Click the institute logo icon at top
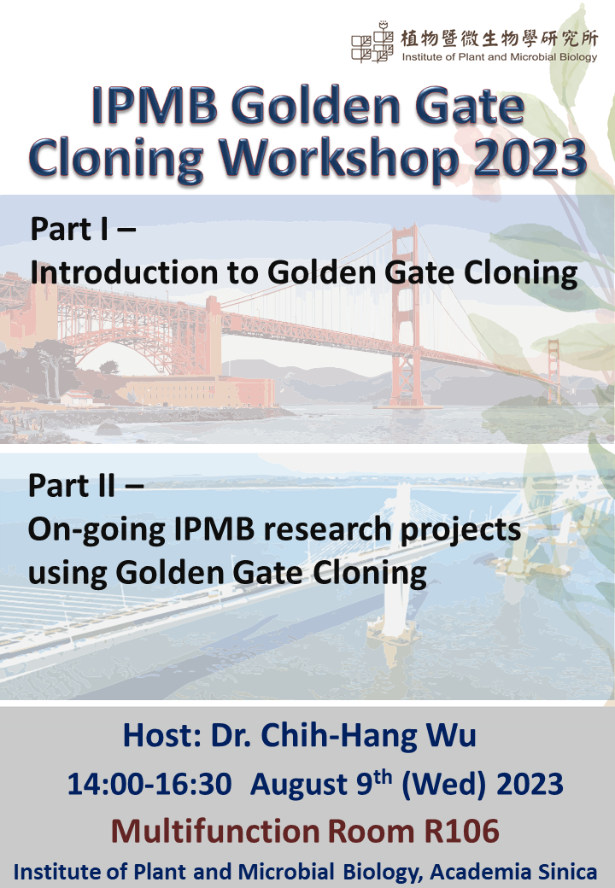pyautogui.click(x=372, y=42)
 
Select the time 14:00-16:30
pyautogui.click(x=149, y=785)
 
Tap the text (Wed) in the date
pyautogui.click(x=444, y=785)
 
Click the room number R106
pyautogui.click(x=462, y=832)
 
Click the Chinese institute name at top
pyautogui.click(x=499, y=38)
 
